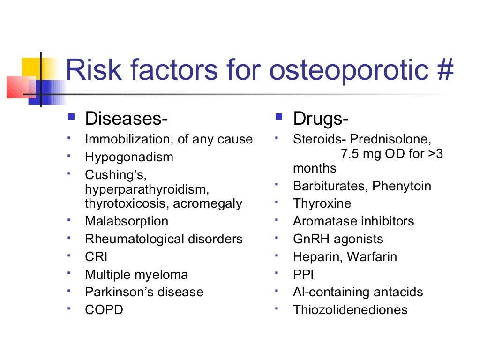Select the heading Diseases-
click(x=126, y=119)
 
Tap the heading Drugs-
click(x=321, y=119)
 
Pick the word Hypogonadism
click(x=129, y=157)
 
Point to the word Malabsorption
click(x=127, y=221)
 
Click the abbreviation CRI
click(x=96, y=257)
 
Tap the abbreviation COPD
click(x=104, y=310)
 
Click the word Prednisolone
click(x=390, y=139)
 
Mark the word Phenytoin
click(x=402, y=186)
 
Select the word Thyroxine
click(x=322, y=203)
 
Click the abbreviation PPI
click(x=303, y=275)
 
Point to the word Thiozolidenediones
click(x=350, y=310)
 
